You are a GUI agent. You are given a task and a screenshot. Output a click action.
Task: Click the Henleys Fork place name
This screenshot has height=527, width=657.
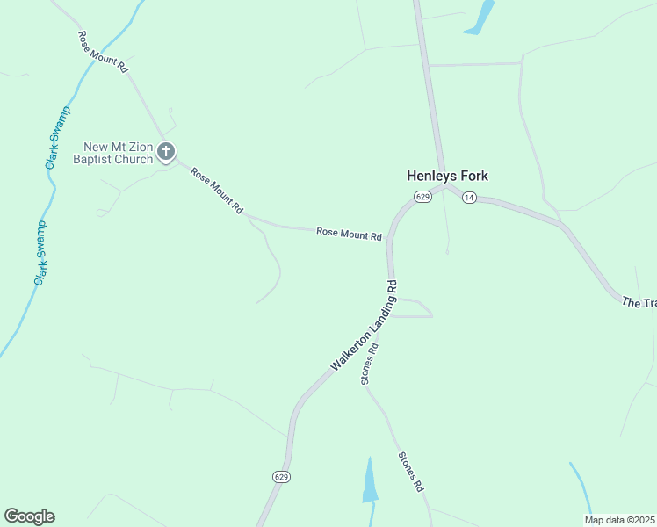[447, 176]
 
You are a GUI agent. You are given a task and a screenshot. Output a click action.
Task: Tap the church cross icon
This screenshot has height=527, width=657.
[166, 153]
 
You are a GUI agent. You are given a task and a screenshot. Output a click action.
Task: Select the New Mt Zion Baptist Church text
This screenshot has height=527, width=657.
[119, 153]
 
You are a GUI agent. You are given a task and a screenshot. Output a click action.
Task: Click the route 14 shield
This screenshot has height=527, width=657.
[469, 198]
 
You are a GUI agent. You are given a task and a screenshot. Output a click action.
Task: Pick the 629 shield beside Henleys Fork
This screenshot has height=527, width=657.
[422, 198]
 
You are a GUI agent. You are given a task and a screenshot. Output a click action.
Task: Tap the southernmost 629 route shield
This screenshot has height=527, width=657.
[280, 477]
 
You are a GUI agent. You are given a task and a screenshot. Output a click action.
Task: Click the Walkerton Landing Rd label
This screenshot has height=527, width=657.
[365, 325]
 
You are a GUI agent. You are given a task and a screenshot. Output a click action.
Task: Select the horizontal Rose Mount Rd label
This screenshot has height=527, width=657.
[349, 235]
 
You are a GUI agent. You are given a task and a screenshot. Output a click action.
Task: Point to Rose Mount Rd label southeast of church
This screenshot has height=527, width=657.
[216, 191]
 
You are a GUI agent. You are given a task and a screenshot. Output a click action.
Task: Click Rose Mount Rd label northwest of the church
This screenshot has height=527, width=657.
[103, 52]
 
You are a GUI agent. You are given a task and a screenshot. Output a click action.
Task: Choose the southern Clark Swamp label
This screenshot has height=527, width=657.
[40, 252]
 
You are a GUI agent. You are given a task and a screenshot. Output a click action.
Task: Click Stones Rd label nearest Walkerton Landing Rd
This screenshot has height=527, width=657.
[369, 363]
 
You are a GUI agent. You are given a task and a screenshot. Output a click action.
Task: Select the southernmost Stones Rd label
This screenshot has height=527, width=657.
[411, 472]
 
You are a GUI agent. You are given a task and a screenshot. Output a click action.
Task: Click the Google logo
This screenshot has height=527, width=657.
[29, 516]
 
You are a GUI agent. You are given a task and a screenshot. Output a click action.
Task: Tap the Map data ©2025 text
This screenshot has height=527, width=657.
[618, 519]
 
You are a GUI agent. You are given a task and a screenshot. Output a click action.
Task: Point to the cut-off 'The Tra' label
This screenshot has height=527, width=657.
[639, 303]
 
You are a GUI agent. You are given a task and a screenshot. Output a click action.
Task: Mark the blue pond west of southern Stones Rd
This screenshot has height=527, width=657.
[370, 482]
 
